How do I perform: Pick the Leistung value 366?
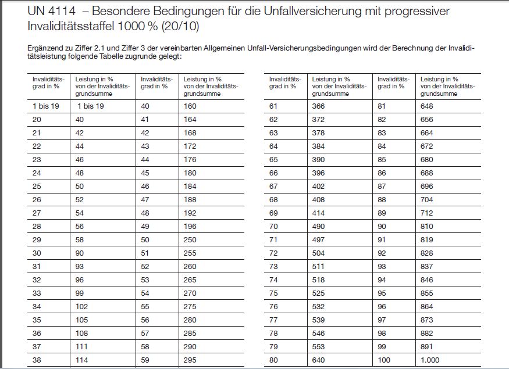coord(319,106)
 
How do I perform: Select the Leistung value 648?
coord(427,106)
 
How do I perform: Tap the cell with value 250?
coord(191,240)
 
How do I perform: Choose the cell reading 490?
coord(319,227)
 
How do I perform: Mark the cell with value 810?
coord(427,227)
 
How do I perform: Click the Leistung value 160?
coord(191,106)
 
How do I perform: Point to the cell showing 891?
coord(427,347)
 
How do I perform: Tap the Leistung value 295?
coord(191,360)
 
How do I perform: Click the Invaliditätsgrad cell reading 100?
coord(384,360)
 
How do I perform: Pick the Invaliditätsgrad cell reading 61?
coord(273,106)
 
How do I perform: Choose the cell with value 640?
coord(319,360)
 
